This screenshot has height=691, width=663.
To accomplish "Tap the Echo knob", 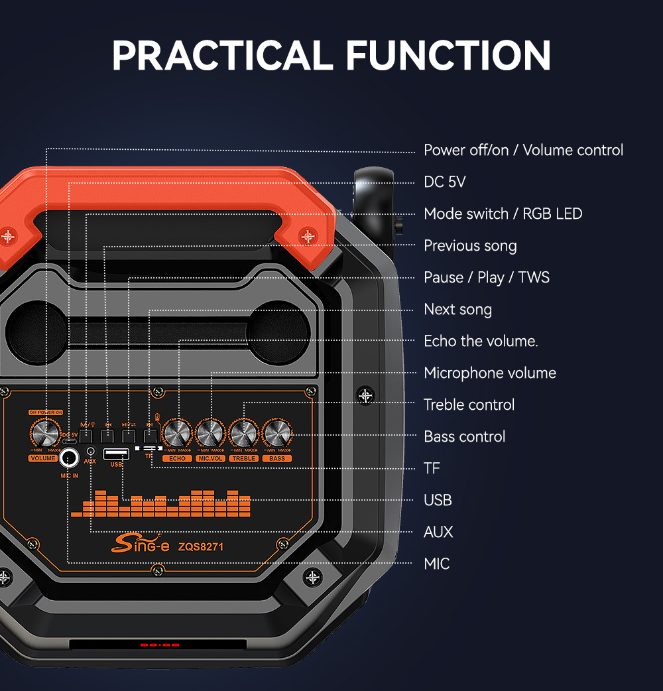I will pyautogui.click(x=178, y=433).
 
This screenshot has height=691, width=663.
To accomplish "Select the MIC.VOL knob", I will pyautogui.click(x=211, y=433).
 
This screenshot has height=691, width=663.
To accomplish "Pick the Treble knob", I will pyautogui.click(x=244, y=433).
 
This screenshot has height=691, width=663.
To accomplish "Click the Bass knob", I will pyautogui.click(x=277, y=433).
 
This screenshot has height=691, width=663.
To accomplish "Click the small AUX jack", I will pyautogui.click(x=90, y=451).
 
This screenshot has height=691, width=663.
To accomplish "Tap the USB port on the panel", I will pyautogui.click(x=117, y=454).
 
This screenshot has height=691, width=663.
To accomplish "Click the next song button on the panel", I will pyautogui.click(x=151, y=436).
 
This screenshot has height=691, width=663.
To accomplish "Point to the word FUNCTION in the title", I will pyautogui.click(x=449, y=55).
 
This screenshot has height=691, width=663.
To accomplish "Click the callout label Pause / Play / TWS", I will pyautogui.click(x=487, y=277).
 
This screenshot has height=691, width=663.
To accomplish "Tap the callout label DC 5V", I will pyautogui.click(x=445, y=182).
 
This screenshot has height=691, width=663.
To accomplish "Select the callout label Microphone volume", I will pyautogui.click(x=490, y=373).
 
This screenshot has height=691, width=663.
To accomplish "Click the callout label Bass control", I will pyautogui.click(x=464, y=436).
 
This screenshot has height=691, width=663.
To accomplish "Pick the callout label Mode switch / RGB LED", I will pyautogui.click(x=503, y=214).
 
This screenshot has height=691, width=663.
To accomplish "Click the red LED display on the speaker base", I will pyautogui.click(x=160, y=645).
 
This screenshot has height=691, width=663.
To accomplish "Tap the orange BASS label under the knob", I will pyautogui.click(x=277, y=458).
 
